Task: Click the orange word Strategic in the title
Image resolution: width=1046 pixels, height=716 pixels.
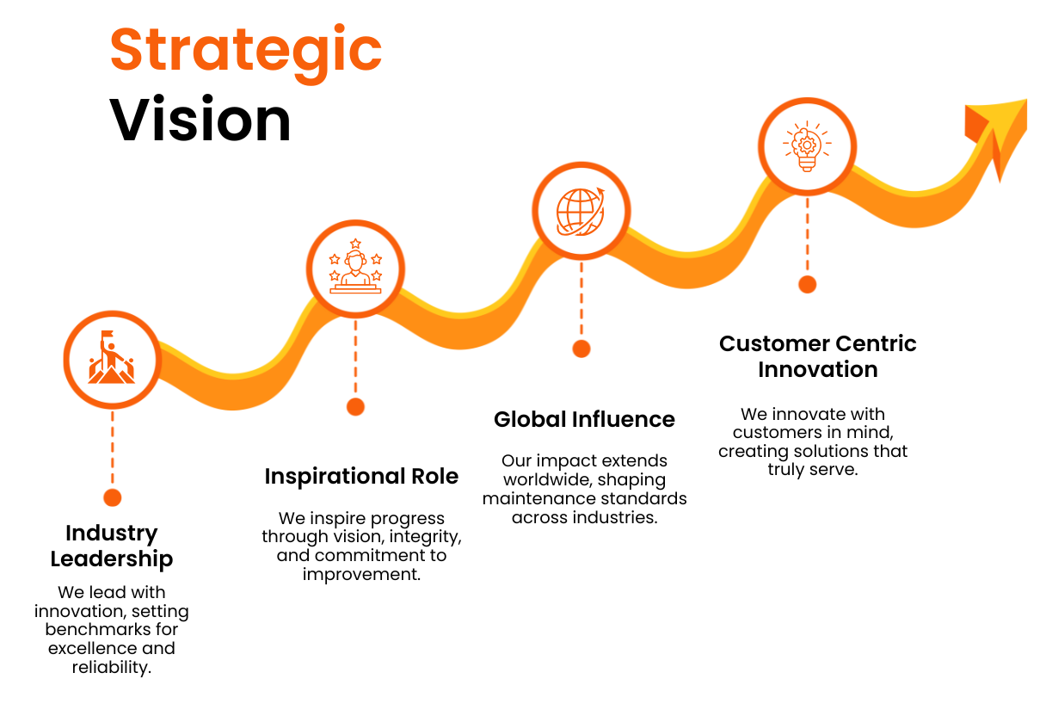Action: tap(246, 50)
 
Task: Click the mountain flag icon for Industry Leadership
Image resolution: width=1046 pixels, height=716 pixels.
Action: tap(112, 359)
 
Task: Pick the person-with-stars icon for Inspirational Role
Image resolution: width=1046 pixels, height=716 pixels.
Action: tap(355, 268)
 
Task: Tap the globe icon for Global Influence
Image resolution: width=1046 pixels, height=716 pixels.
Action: tap(581, 211)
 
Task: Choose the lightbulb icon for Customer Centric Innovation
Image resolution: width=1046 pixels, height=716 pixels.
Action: tap(807, 145)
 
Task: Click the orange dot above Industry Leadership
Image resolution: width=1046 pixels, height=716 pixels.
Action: tap(112, 497)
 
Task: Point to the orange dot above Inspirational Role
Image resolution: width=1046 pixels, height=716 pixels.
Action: tap(355, 407)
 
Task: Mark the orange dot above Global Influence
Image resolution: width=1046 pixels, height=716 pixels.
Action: tap(581, 349)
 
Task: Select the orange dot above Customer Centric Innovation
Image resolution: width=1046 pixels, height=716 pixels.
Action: tap(807, 284)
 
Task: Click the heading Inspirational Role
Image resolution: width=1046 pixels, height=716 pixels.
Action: tap(361, 477)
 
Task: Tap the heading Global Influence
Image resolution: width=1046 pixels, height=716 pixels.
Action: tap(584, 419)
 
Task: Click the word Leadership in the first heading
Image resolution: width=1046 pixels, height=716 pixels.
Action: tap(112, 559)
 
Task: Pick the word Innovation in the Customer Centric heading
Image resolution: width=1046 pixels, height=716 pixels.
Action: tap(817, 369)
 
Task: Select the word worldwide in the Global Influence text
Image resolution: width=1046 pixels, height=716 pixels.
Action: tap(546, 479)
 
